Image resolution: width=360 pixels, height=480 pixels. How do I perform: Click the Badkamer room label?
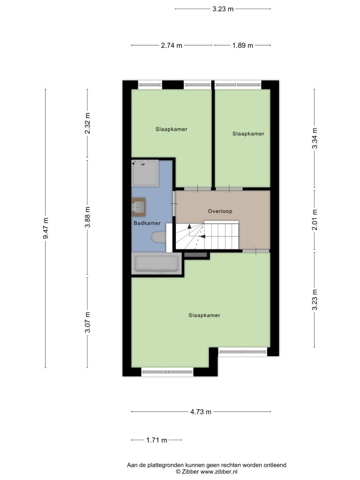click(x=147, y=223)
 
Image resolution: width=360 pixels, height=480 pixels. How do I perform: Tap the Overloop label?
click(x=220, y=211)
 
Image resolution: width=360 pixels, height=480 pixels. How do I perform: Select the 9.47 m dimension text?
click(x=45, y=228)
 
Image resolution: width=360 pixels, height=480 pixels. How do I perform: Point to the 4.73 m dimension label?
click(x=201, y=412)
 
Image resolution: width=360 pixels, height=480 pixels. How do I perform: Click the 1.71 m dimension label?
click(x=157, y=440)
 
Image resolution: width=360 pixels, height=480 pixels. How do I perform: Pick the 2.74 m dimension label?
click(x=172, y=45)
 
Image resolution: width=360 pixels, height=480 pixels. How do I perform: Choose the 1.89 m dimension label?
click(x=242, y=45)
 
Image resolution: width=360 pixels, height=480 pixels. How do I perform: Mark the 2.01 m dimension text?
click(x=315, y=220)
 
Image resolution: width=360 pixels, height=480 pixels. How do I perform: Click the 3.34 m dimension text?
click(x=315, y=138)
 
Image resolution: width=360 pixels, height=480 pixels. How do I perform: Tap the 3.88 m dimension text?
click(x=88, y=217)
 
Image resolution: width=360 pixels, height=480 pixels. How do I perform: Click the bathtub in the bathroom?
click(x=157, y=264)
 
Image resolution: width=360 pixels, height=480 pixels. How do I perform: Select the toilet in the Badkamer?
click(x=159, y=238)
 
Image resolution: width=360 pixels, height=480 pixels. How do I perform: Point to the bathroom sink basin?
click(x=138, y=207)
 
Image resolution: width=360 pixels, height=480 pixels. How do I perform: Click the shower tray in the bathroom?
click(x=145, y=173)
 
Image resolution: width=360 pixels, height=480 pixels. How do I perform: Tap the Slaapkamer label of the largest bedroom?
click(x=204, y=315)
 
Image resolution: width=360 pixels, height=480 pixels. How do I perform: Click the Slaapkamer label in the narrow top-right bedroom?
click(x=248, y=134)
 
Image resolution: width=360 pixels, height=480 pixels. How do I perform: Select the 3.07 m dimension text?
click(x=88, y=322)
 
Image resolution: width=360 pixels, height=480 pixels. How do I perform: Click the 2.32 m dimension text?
click(x=88, y=123)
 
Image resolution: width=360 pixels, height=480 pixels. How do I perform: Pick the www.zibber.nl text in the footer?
click(x=219, y=472)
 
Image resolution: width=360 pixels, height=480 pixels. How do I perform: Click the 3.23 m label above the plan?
click(x=223, y=9)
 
